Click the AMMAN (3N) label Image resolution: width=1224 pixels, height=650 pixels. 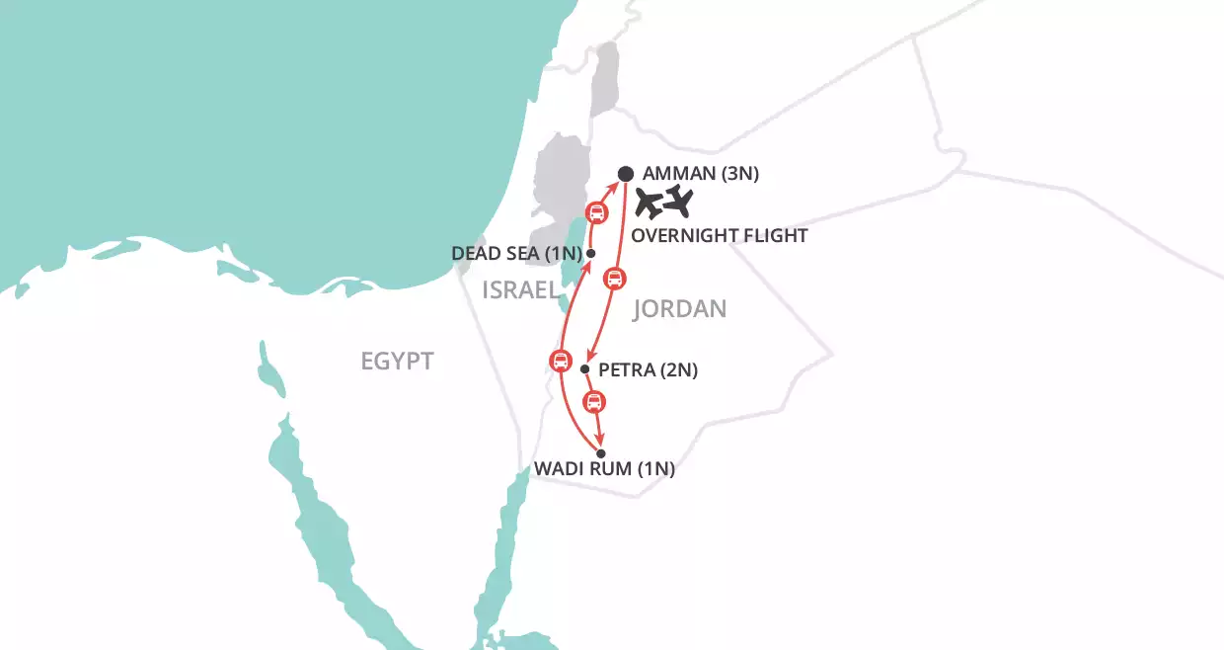pyautogui.click(x=701, y=175)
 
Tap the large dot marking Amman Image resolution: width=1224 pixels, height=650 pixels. pyautogui.click(x=626, y=175)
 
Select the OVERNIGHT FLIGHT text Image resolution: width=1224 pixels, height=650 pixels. pyautogui.click(x=720, y=235)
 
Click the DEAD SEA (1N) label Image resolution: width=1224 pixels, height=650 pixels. pyautogui.click(x=513, y=253)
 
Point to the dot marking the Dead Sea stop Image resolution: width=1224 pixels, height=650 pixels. pyautogui.click(x=590, y=254)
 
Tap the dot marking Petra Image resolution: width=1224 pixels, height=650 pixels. pyautogui.click(x=585, y=369)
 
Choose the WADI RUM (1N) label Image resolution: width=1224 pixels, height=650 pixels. pyautogui.click(x=604, y=470)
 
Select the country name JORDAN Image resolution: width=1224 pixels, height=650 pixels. pyautogui.click(x=679, y=309)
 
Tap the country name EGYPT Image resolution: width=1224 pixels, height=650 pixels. pyautogui.click(x=397, y=361)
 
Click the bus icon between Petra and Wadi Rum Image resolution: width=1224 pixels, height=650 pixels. pyautogui.click(x=593, y=401)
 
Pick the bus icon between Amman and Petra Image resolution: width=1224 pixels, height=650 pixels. pyautogui.click(x=612, y=279)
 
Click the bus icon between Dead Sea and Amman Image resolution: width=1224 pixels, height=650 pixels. pyautogui.click(x=596, y=211)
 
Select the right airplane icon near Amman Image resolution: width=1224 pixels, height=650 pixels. pyautogui.click(x=680, y=201)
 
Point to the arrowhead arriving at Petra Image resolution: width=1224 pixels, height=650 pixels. pyautogui.click(x=589, y=359)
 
